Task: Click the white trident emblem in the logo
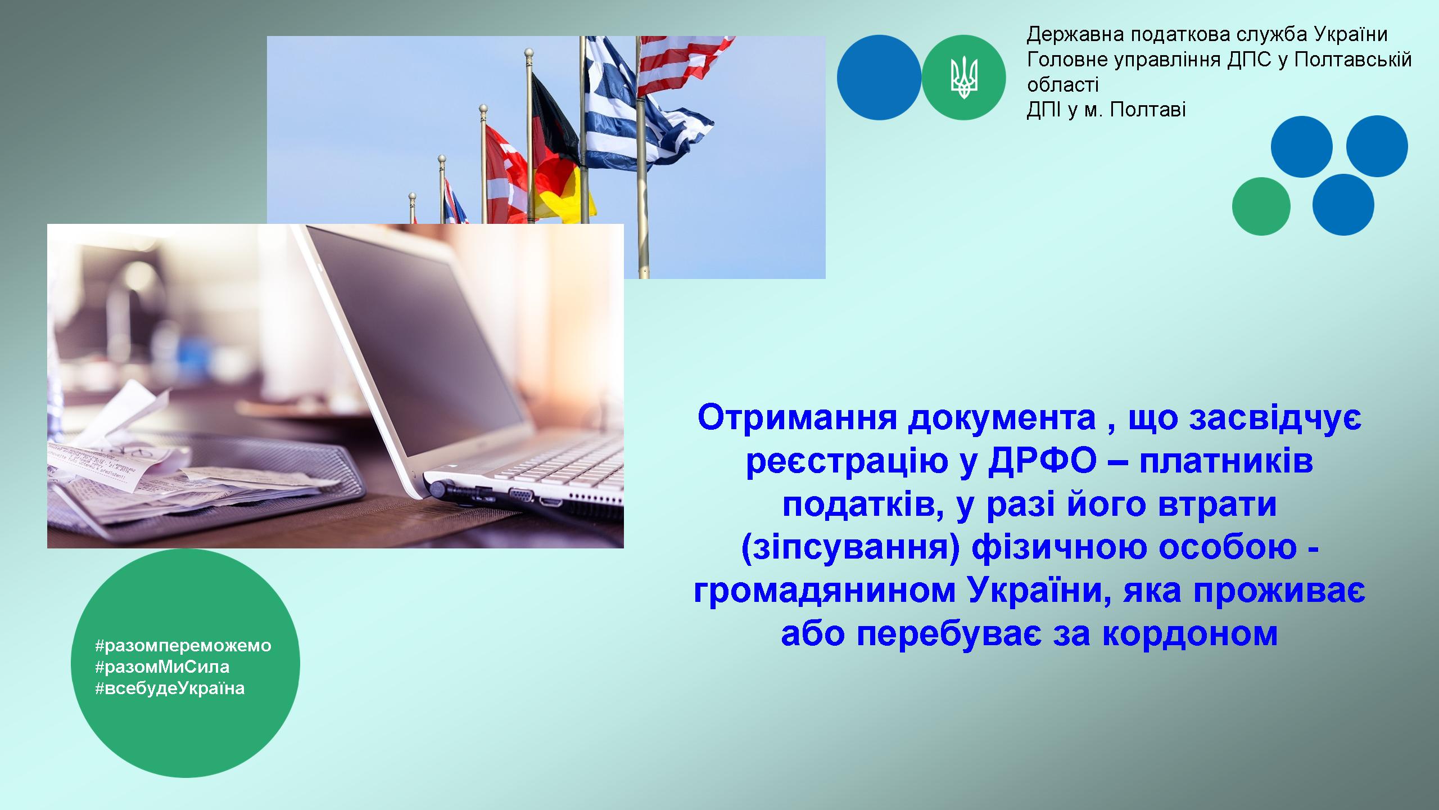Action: coord(963,78)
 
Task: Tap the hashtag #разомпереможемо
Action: coord(183,646)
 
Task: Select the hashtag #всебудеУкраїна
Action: coord(170,688)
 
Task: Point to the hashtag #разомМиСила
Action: coord(162,667)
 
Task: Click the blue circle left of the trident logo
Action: coord(879,78)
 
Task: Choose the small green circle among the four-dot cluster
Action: coord(1261,206)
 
